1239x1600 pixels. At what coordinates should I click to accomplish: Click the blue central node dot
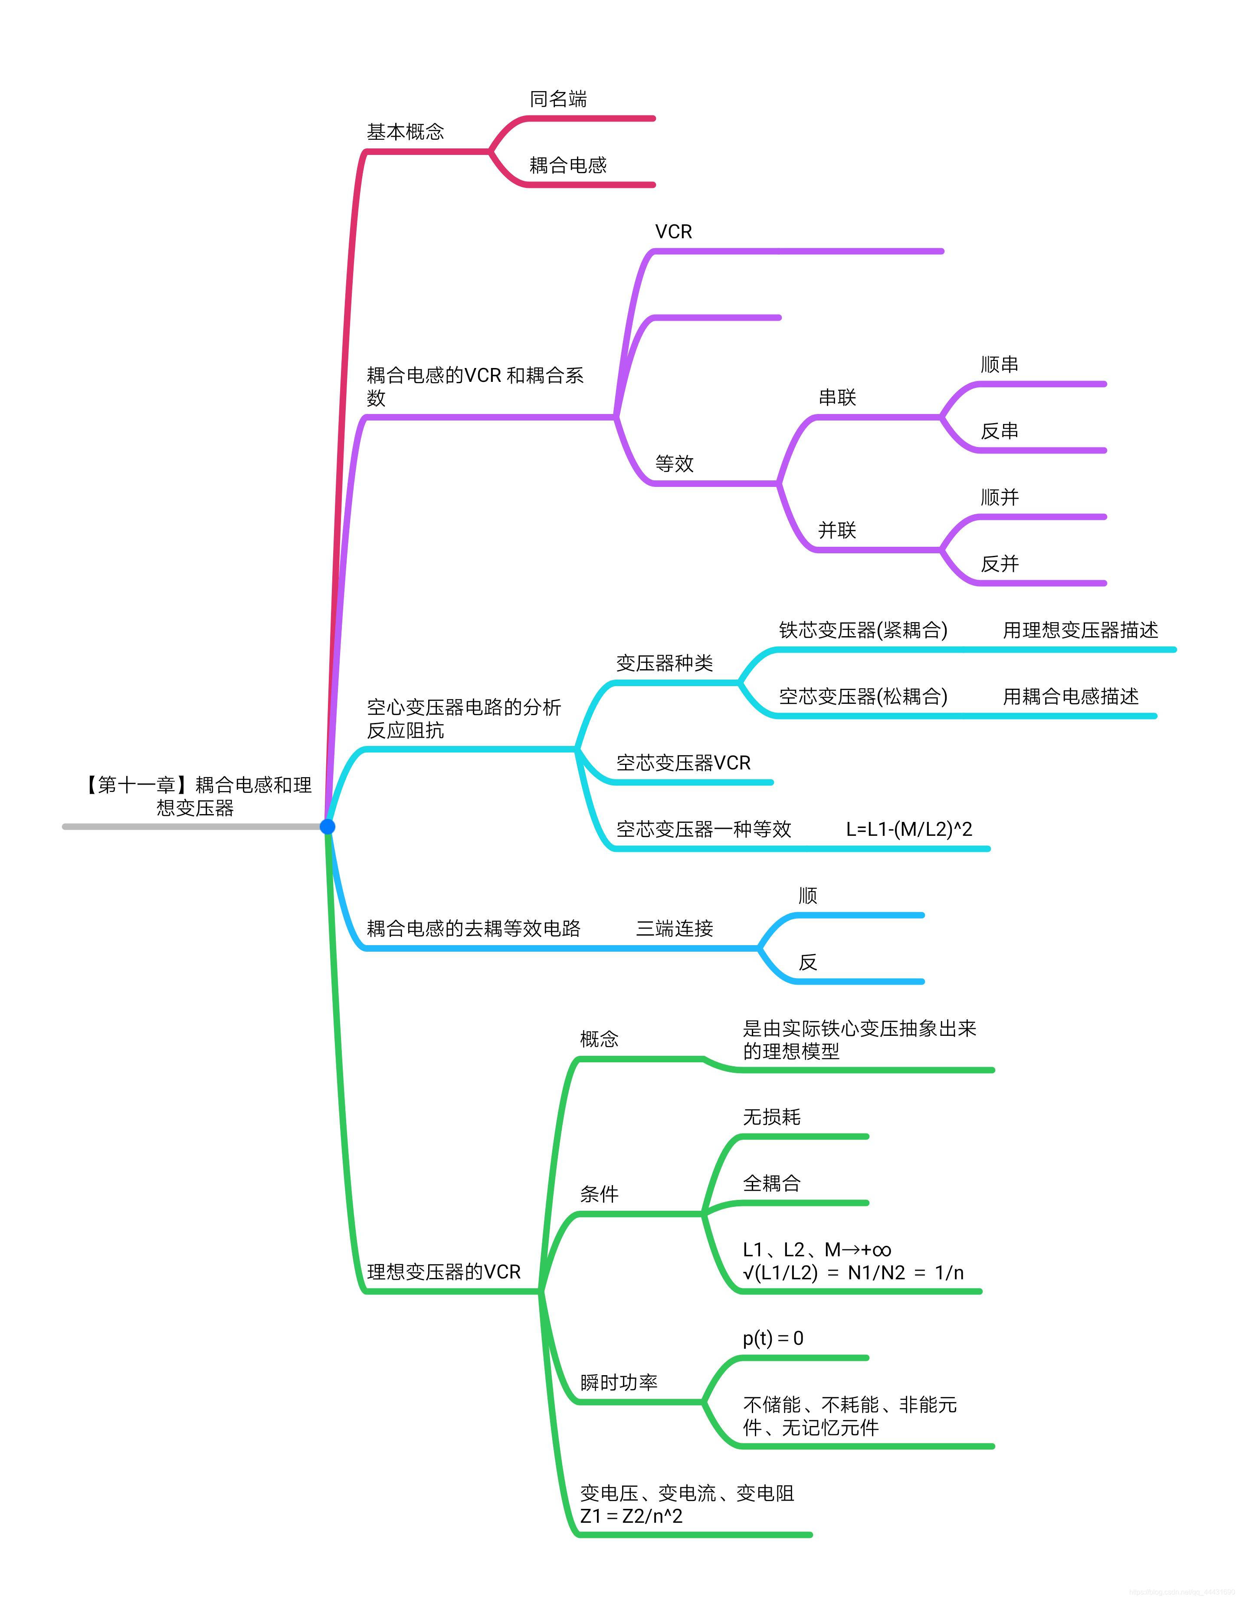(x=328, y=826)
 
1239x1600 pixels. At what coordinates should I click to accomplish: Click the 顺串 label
(x=1000, y=364)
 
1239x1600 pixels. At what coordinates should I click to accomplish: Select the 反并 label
(x=1000, y=563)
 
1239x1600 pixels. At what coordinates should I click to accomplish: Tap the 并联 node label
(x=837, y=530)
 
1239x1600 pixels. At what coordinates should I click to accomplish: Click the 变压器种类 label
(x=664, y=663)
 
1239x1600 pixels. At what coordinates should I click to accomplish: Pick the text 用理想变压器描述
(x=1080, y=630)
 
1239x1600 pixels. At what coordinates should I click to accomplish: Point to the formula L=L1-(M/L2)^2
(x=909, y=829)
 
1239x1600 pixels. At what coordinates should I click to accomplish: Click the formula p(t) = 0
(x=773, y=1338)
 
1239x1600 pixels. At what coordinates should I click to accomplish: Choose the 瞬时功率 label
(x=618, y=1383)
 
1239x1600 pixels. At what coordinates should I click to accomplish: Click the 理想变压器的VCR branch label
(x=444, y=1272)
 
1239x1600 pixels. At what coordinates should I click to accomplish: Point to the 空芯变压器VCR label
(x=683, y=762)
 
